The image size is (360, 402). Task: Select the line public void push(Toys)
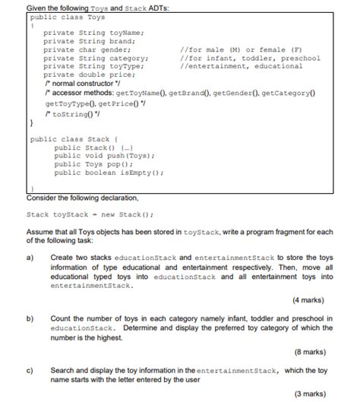coord(104,156)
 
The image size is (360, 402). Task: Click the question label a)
coord(30,258)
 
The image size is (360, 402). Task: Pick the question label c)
coord(30,369)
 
